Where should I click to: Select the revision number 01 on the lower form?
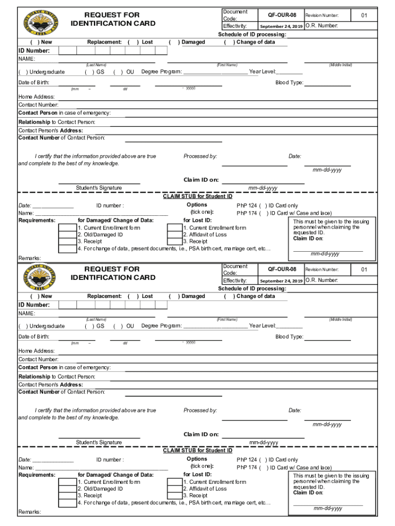[x=364, y=270]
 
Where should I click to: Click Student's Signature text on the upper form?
[x=99, y=188]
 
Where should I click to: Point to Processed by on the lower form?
[x=200, y=410]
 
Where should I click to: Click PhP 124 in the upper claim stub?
[x=246, y=205]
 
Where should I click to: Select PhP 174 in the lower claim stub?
[x=246, y=467]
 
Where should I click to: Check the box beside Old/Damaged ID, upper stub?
[x=67, y=235]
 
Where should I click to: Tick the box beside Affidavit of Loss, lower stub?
[x=175, y=489]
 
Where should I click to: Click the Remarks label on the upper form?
[x=30, y=258]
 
